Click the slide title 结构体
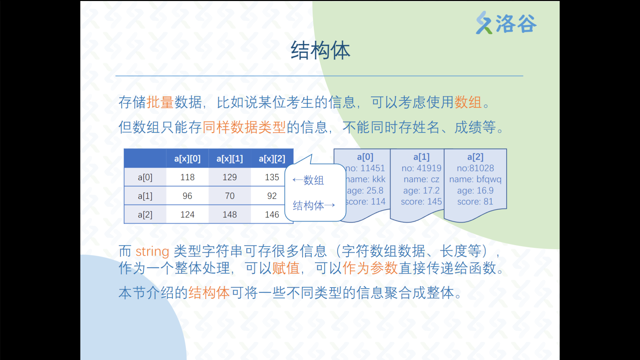pyautogui.click(x=320, y=51)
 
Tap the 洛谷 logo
pyautogui.click(x=506, y=23)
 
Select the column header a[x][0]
pyautogui.click(x=187, y=159)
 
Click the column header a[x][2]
pyautogui.click(x=272, y=159)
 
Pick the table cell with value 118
pyautogui.click(x=187, y=177)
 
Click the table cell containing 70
pyautogui.click(x=230, y=196)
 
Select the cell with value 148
pyautogui.click(x=230, y=214)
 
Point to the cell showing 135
pyautogui.click(x=272, y=177)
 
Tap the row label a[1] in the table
pyautogui.click(x=145, y=196)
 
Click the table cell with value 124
pyautogui.click(x=187, y=214)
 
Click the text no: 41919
pyautogui.click(x=421, y=168)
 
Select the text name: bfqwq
pyautogui.click(x=475, y=179)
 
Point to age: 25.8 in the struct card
pyautogui.click(x=365, y=190)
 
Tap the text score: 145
pyautogui.click(x=421, y=201)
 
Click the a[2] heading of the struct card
pyautogui.click(x=475, y=157)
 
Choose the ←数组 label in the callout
pyautogui.click(x=308, y=180)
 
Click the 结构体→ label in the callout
pyautogui.click(x=314, y=205)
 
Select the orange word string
pyautogui.click(x=152, y=251)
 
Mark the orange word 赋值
pyautogui.click(x=286, y=268)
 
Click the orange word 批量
pyautogui.click(x=160, y=102)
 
